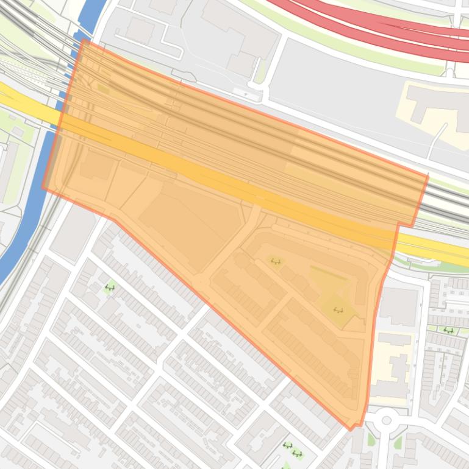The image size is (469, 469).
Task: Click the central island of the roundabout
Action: click(x=385, y=420)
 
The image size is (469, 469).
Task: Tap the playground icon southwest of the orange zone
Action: click(x=110, y=287)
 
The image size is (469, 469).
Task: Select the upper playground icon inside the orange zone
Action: click(x=276, y=261)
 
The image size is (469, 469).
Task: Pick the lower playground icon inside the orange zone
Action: click(x=338, y=310)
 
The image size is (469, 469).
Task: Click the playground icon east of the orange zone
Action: click(x=449, y=330)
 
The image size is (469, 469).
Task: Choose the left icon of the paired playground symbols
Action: click(x=287, y=446)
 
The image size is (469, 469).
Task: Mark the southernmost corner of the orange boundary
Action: click(x=351, y=429)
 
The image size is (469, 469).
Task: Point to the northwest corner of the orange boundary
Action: click(x=83, y=40)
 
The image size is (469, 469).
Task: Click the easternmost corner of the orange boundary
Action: click(x=428, y=177)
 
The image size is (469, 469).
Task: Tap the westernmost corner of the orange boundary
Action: click(x=43, y=188)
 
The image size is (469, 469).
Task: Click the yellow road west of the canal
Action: click(x=24, y=104)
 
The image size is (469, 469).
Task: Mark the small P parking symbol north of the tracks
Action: click(x=246, y=95)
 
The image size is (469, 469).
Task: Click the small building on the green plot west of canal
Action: click(x=18, y=132)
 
